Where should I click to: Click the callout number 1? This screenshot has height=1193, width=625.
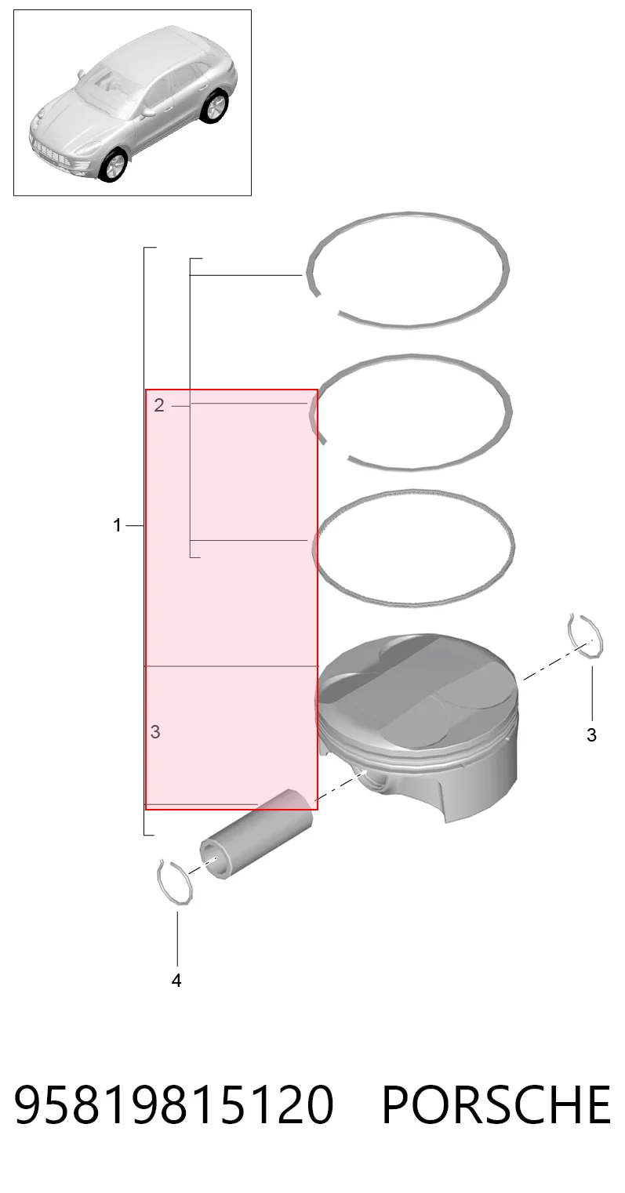(117, 526)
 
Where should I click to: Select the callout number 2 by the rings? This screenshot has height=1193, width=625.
(158, 405)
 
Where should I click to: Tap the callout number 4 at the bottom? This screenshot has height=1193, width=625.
(176, 980)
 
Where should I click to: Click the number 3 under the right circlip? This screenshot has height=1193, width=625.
(591, 735)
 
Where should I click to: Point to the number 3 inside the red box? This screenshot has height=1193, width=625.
(155, 732)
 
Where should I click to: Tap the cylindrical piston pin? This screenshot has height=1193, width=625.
(256, 834)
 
